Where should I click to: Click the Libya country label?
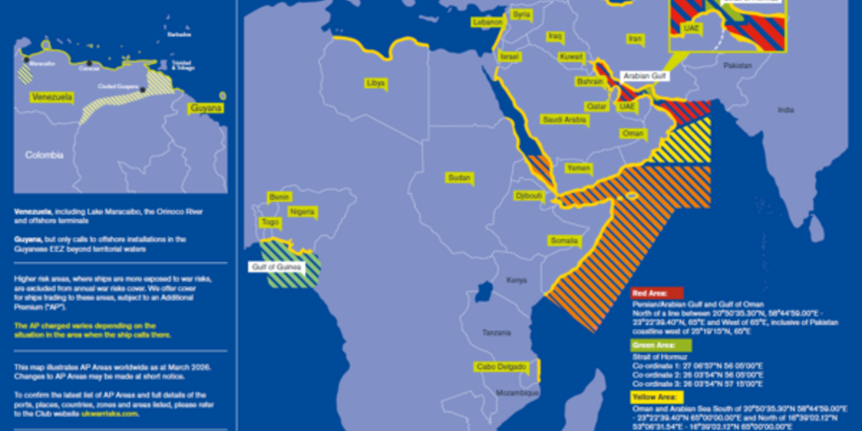376,83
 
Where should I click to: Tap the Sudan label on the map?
459,178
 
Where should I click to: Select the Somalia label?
565,240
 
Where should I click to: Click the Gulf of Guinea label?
278,267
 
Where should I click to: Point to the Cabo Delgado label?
501,367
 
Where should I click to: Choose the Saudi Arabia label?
564,120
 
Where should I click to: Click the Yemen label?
579,168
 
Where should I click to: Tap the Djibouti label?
528,196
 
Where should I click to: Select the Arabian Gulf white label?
644,77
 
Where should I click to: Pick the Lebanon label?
487,22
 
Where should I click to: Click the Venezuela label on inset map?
52,97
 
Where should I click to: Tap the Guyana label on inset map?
206,108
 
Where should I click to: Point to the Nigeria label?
303,211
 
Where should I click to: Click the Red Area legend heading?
657,293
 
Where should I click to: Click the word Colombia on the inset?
44,155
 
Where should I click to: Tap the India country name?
785,109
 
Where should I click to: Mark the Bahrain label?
590,81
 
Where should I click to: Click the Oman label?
633,134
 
